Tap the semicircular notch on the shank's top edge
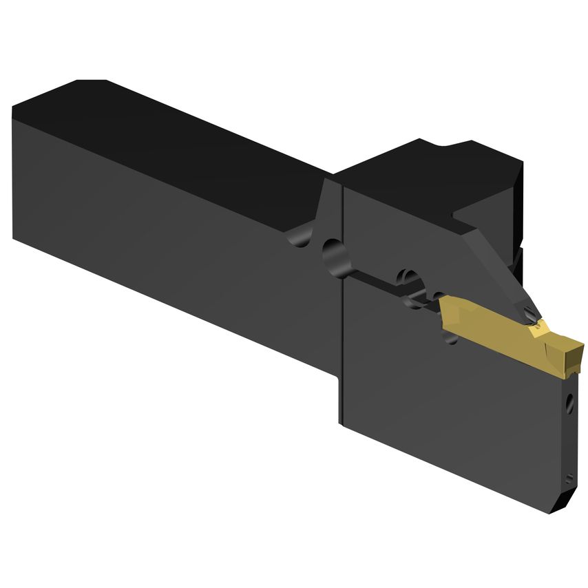[x=300, y=238]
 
